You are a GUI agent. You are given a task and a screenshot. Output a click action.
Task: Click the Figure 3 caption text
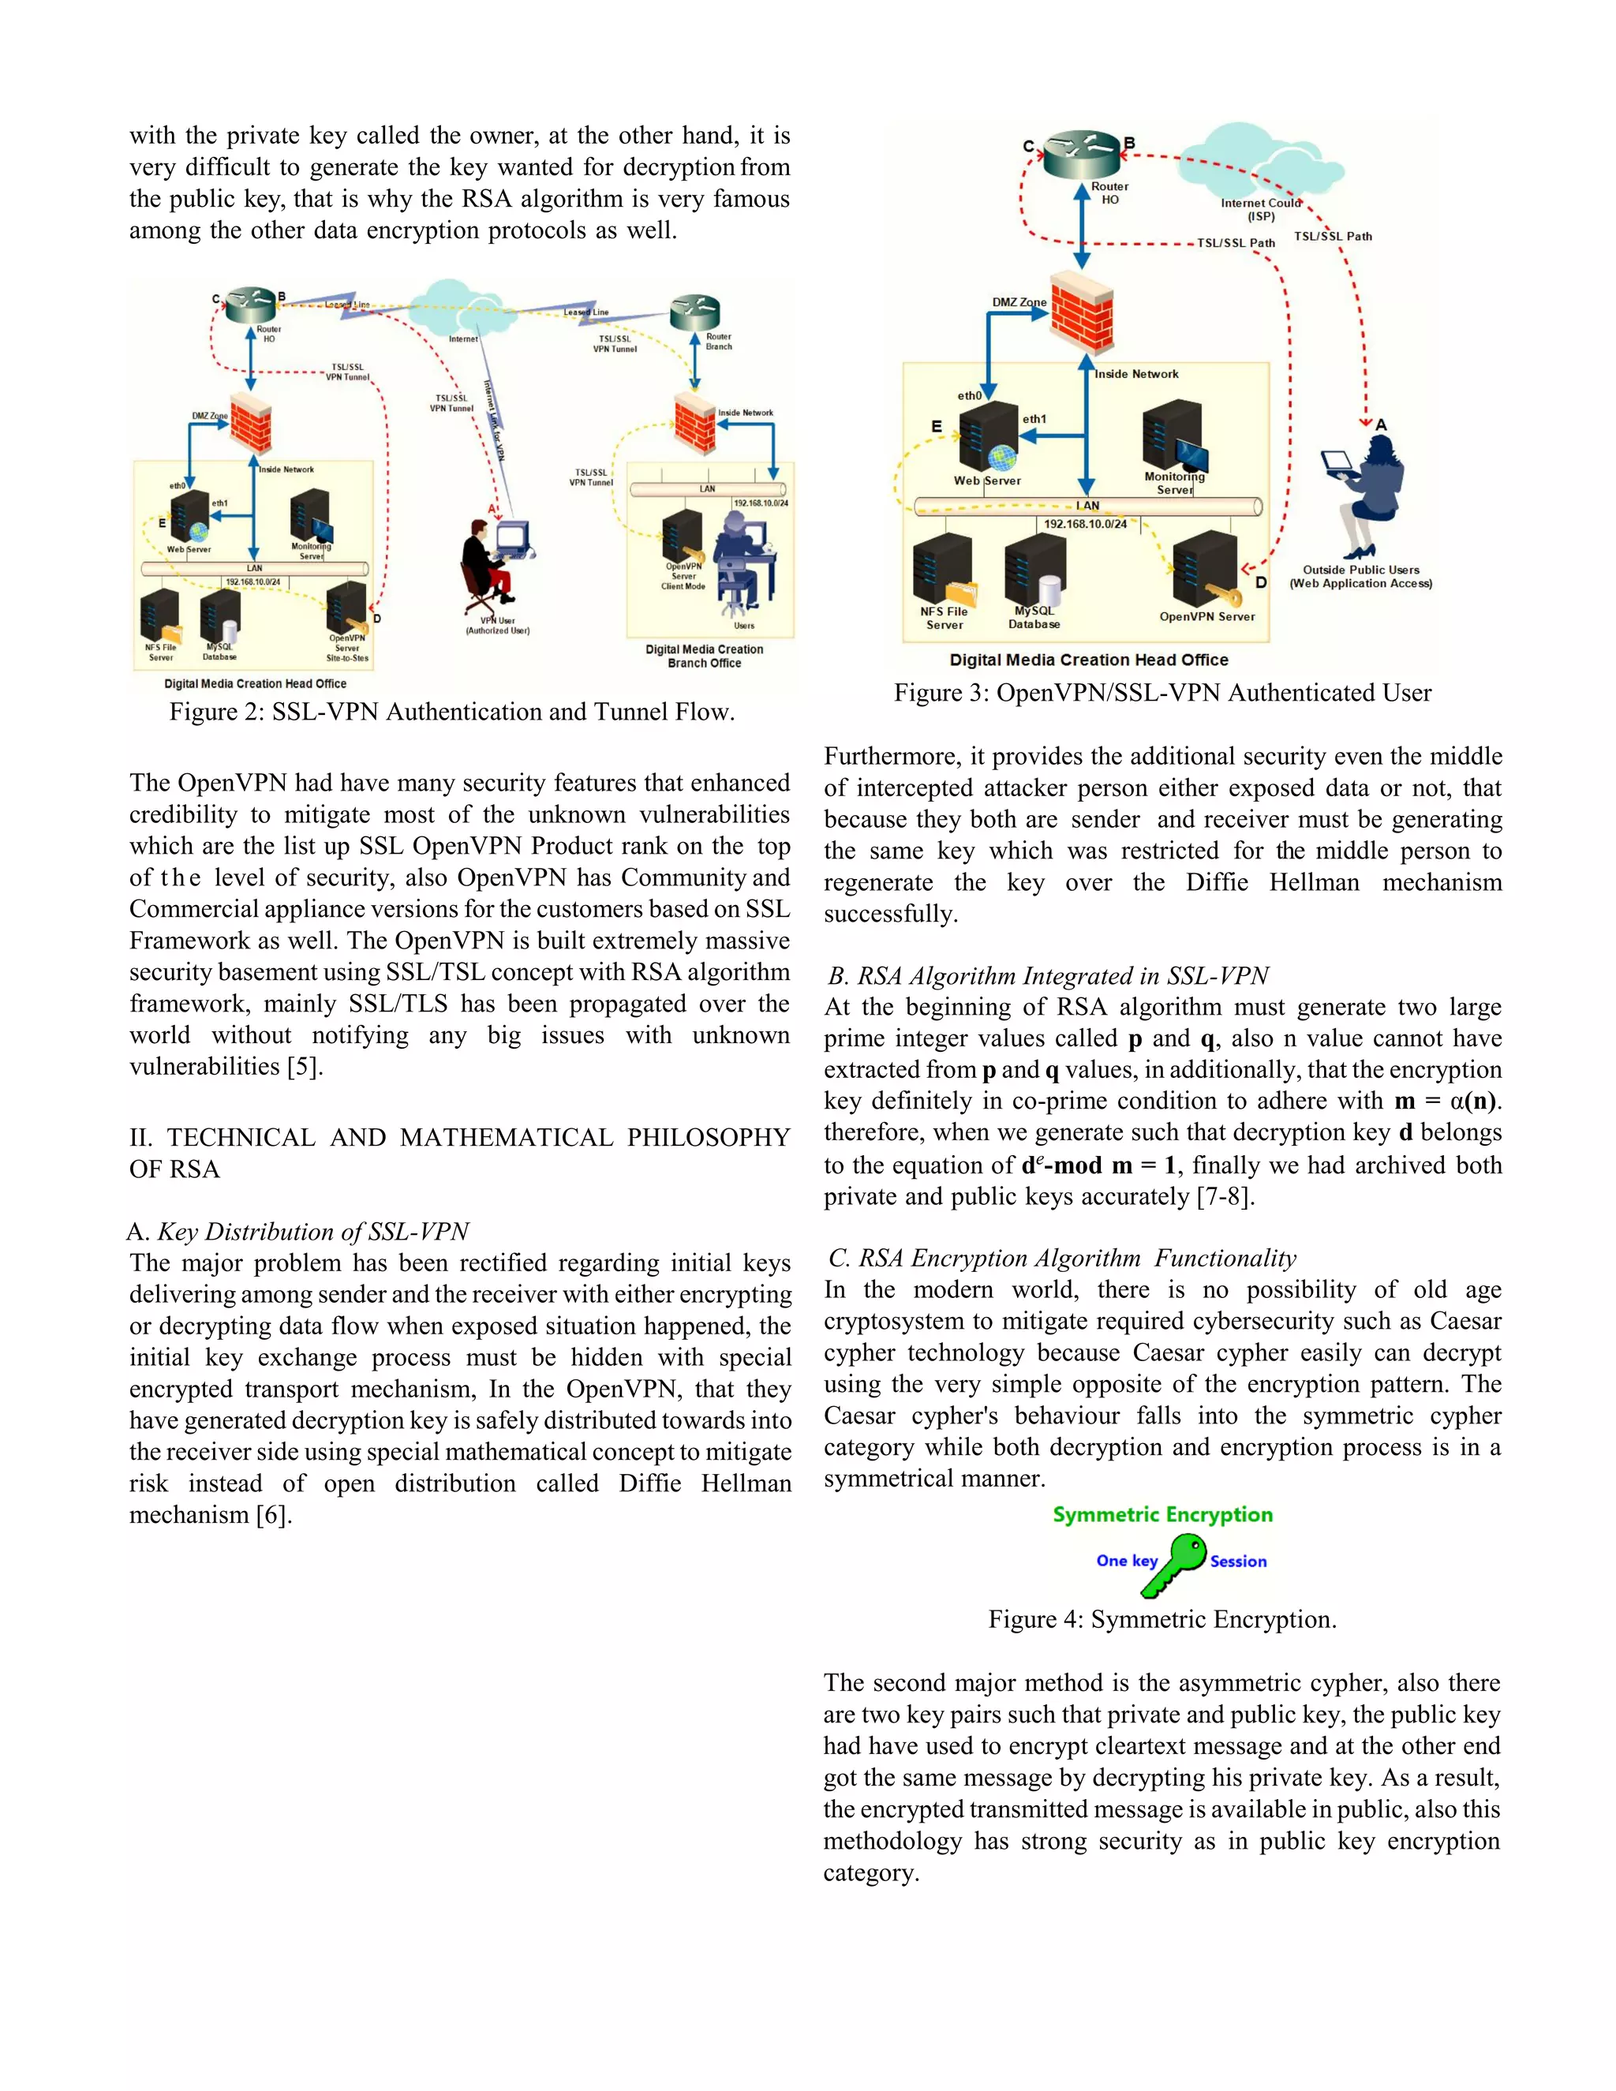pyautogui.click(x=1162, y=693)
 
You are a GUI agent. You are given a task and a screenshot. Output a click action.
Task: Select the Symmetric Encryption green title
pyautogui.click(x=1162, y=1515)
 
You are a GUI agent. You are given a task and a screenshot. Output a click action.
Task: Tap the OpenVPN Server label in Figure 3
pyautogui.click(x=1206, y=616)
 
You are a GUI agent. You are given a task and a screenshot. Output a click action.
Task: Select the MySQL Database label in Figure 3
pyautogui.click(x=1034, y=618)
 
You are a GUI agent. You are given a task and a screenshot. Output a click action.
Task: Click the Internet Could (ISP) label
pyautogui.click(x=1260, y=210)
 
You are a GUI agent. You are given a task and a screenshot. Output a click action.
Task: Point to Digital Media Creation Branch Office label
pyautogui.click(x=705, y=656)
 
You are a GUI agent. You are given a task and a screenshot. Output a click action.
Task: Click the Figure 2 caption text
pyautogui.click(x=452, y=713)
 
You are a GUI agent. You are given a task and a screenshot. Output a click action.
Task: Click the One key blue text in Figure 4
pyautogui.click(x=1126, y=1561)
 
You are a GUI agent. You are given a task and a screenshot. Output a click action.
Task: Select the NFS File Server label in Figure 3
pyautogui.click(x=944, y=619)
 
